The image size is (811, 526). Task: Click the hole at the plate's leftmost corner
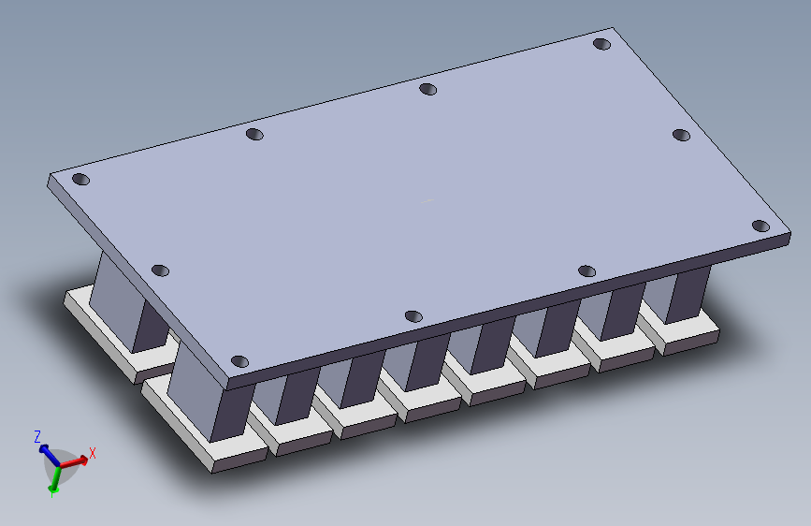[x=80, y=179]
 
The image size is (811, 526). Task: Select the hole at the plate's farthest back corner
[x=602, y=44]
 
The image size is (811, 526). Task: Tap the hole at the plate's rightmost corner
[x=760, y=226]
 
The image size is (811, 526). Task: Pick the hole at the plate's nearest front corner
[x=239, y=361]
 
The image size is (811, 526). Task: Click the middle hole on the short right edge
[x=681, y=135]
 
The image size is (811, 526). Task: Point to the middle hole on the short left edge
[x=160, y=270]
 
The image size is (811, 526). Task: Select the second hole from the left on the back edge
[x=254, y=134]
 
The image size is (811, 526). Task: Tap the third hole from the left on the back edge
[x=427, y=89]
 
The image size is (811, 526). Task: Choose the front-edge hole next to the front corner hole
[x=413, y=316]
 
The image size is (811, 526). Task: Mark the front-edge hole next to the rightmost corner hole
[x=587, y=270]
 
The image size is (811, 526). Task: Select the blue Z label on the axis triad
[x=37, y=436]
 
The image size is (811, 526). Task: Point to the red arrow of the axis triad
[x=78, y=460]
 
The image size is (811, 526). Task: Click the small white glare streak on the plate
[x=427, y=200]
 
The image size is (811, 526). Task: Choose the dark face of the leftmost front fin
[x=231, y=412]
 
